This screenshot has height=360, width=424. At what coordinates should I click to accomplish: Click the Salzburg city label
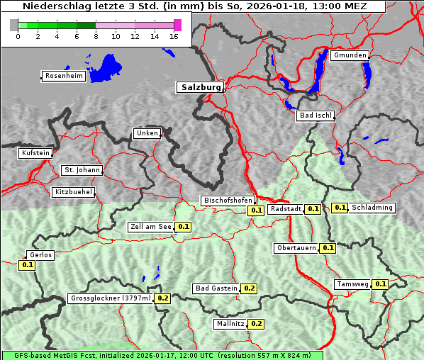pos(200,87)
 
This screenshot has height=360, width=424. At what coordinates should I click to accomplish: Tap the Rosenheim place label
pos(64,76)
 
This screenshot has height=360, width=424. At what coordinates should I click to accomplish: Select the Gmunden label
pos(350,55)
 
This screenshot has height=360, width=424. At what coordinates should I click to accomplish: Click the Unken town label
pos(147,133)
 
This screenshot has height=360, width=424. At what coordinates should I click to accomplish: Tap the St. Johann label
pos(82,170)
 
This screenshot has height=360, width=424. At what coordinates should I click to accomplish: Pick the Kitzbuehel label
pos(73,192)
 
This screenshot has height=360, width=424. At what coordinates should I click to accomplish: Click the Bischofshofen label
pos(227,201)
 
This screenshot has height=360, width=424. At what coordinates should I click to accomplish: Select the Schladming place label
pos(373,208)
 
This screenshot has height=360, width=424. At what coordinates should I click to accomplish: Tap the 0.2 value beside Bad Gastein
pos(250,288)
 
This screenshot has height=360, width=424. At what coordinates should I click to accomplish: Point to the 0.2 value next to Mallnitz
pos(257,324)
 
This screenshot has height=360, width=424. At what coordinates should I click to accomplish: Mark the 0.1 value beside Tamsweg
pos(381,284)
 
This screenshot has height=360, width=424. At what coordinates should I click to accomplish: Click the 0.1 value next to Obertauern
pos(328,248)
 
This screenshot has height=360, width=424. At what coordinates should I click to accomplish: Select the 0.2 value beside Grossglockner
pos(163,298)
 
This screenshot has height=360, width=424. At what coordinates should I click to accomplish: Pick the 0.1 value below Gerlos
pos(28,265)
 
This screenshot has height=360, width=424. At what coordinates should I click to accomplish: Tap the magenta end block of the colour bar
pos(177,26)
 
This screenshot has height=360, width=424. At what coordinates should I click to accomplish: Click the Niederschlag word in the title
pos(54,6)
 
